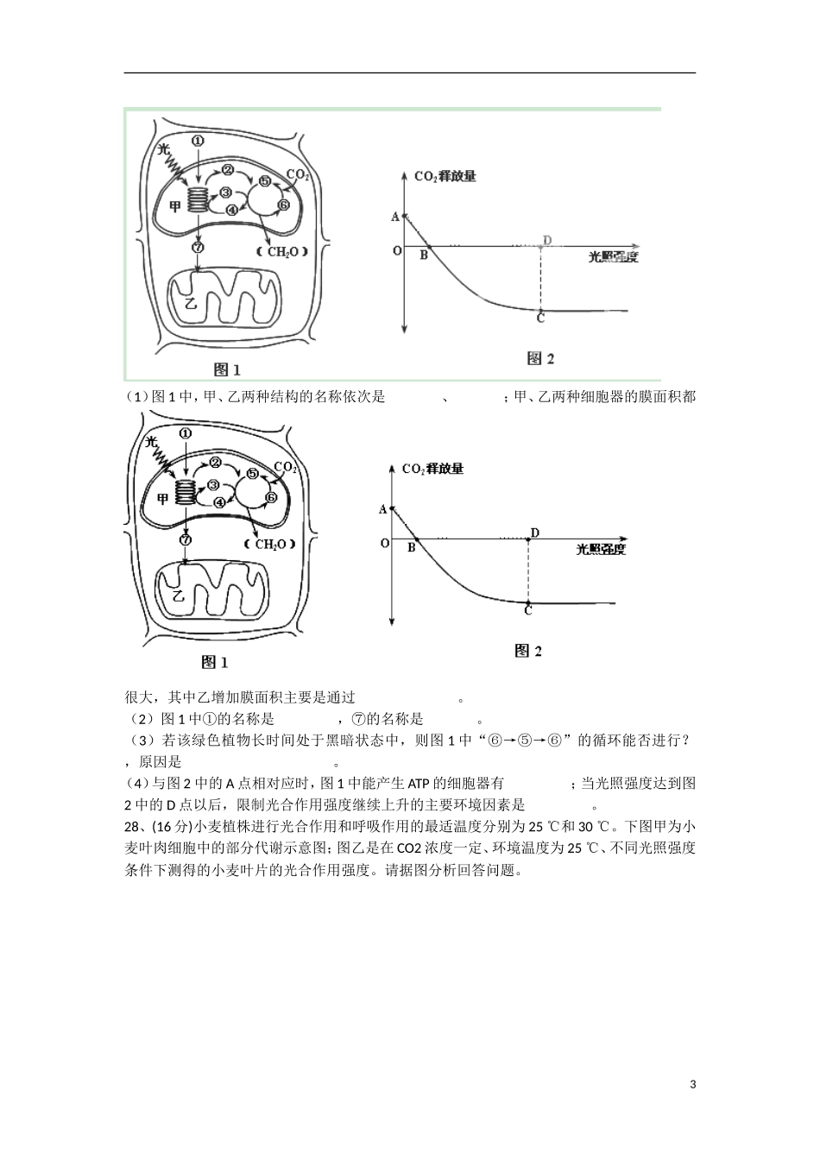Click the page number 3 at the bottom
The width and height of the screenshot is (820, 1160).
point(693,1084)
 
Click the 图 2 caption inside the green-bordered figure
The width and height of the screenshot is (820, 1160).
point(540,358)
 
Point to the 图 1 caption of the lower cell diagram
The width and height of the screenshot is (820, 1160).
point(214,662)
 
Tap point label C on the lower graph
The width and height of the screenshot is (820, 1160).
point(528,611)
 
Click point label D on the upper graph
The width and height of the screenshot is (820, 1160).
point(547,240)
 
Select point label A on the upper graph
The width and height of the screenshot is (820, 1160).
point(395,217)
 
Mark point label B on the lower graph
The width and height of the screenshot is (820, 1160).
point(412,548)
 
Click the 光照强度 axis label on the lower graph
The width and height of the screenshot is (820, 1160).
point(601,549)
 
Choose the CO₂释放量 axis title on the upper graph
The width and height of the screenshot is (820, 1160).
point(445,176)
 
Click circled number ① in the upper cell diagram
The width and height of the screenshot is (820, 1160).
point(198,141)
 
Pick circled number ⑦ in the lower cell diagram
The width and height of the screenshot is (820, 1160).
point(186,539)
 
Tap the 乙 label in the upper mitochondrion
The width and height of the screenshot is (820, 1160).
point(191,303)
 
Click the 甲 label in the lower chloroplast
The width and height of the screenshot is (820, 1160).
point(162,499)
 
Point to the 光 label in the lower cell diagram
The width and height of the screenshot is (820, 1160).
point(152,441)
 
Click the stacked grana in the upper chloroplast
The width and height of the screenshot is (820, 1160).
point(199,200)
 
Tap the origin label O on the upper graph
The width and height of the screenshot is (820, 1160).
point(397,251)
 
